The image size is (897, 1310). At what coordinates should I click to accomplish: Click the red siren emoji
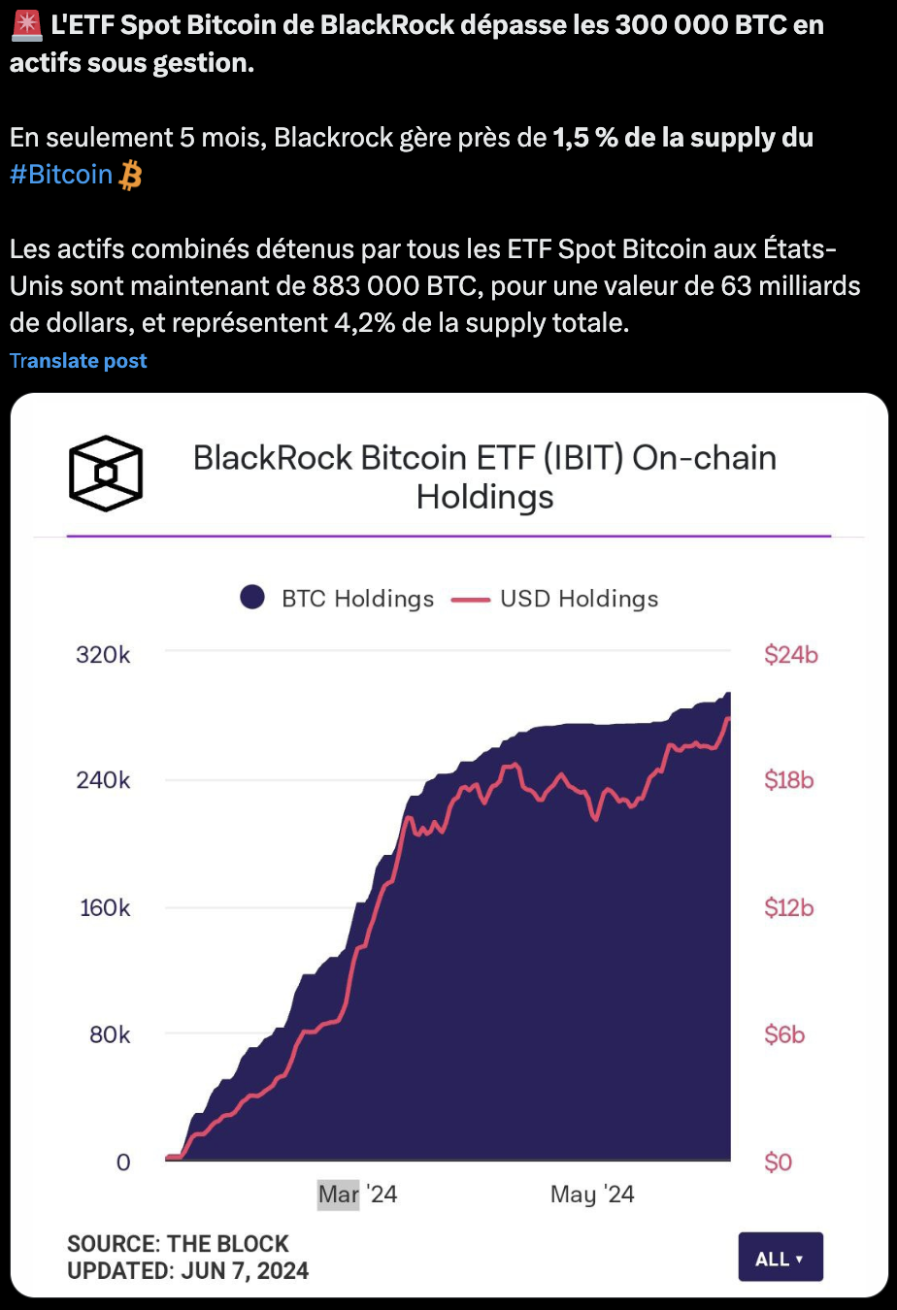(x=26, y=25)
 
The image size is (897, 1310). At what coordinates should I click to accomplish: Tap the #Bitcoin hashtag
(x=61, y=175)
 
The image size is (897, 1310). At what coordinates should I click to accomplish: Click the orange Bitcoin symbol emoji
(x=130, y=176)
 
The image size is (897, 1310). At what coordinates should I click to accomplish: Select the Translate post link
(x=79, y=361)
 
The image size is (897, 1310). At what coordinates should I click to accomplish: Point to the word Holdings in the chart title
(x=484, y=497)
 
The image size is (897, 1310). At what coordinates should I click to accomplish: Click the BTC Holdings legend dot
(x=252, y=598)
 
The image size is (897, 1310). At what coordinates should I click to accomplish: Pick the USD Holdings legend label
(x=579, y=599)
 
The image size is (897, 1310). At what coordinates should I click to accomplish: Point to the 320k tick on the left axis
(x=103, y=655)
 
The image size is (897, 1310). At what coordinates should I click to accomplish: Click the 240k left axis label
(x=103, y=780)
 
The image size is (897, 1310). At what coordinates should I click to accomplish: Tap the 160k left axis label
(x=105, y=908)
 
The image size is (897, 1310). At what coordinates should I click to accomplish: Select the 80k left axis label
(x=110, y=1034)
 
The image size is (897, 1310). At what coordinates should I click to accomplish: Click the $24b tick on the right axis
(x=791, y=655)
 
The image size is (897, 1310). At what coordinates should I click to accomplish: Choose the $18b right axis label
(x=789, y=780)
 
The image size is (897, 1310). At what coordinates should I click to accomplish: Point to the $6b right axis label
(x=784, y=1034)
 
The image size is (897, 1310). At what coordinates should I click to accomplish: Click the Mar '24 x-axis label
(x=357, y=1194)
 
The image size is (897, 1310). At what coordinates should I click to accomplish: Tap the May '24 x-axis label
(x=592, y=1194)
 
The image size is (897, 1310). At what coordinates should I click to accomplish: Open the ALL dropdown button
(x=781, y=1258)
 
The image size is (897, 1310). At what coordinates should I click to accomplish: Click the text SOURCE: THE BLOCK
(x=178, y=1244)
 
